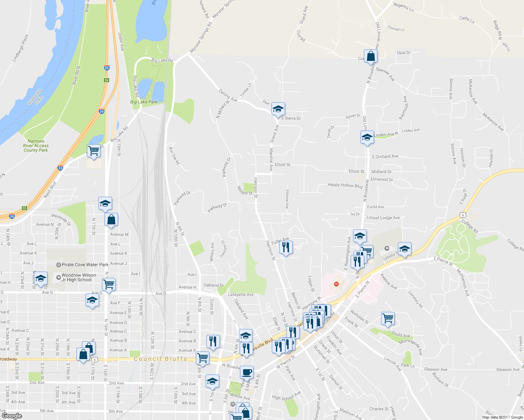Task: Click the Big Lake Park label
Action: point(144,102)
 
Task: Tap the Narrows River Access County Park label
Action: point(36,146)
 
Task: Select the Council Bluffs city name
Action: point(160,359)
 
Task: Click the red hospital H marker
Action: point(337,284)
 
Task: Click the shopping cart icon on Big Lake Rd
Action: point(94,151)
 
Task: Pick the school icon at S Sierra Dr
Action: point(278,109)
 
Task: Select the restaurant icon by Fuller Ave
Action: point(286,247)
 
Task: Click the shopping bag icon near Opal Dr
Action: point(371,56)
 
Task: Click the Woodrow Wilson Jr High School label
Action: point(78,278)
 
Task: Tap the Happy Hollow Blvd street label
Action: point(345,185)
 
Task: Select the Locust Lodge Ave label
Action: point(383,218)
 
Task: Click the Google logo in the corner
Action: point(12,416)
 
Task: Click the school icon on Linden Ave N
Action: point(367,137)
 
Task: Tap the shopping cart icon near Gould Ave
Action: point(388,319)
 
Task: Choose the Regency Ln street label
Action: point(404,7)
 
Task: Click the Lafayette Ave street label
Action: point(241,295)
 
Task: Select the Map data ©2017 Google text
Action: point(502,417)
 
